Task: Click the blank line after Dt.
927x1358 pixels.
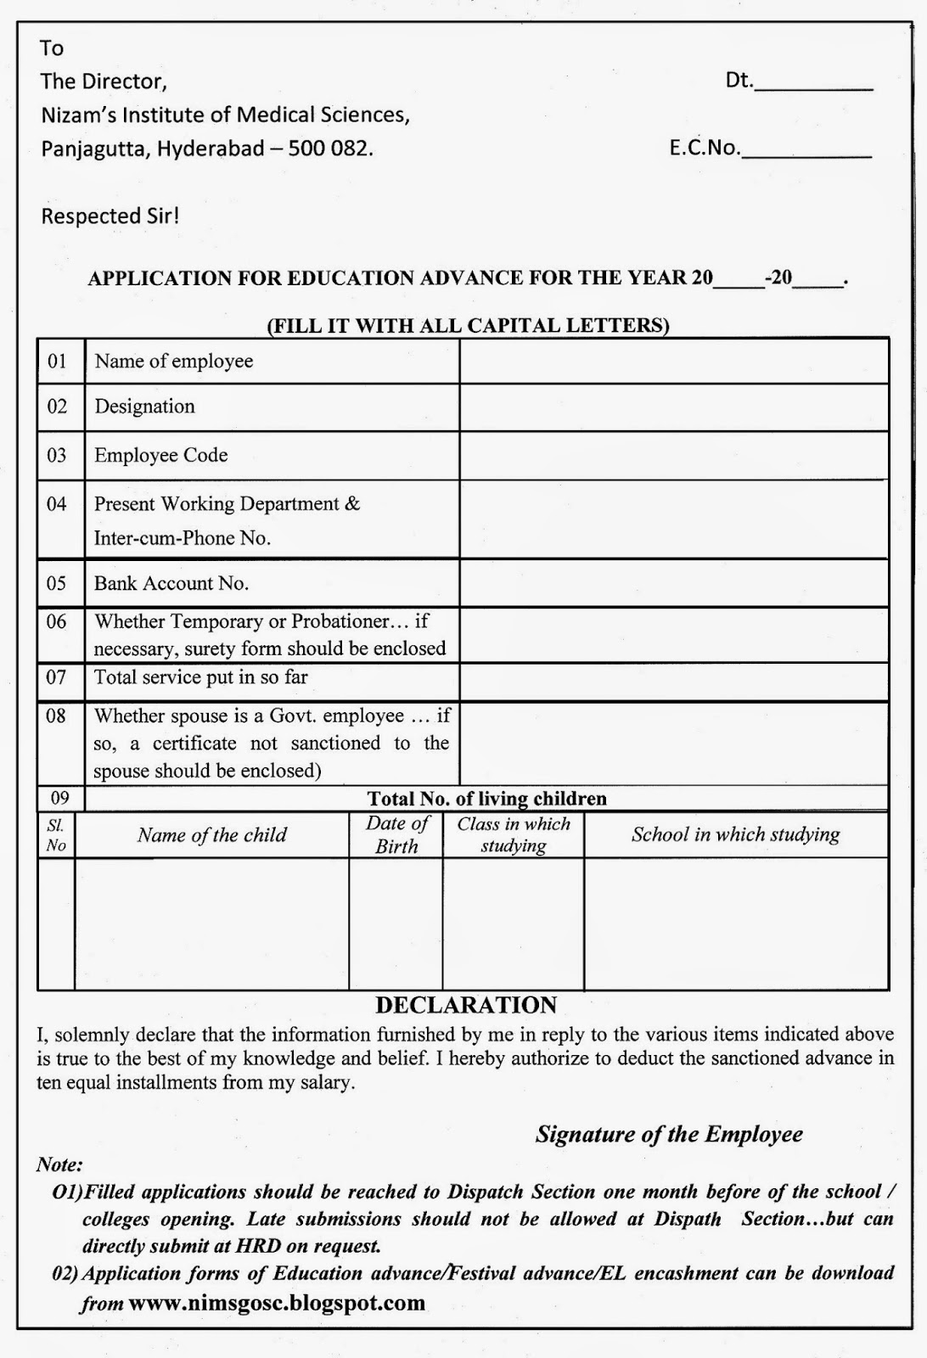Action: pyautogui.click(x=813, y=84)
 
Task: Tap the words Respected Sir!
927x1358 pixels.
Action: pyautogui.click(x=110, y=216)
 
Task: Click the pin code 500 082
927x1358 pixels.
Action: pyautogui.click(x=330, y=149)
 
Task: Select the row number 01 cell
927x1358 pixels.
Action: pyautogui.click(x=57, y=362)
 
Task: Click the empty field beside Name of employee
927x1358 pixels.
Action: pyautogui.click(x=673, y=362)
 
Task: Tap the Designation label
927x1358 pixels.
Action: pyautogui.click(x=144, y=407)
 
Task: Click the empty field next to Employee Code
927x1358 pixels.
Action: pyautogui.click(x=673, y=456)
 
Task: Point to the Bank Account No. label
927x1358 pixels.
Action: pyautogui.click(x=171, y=583)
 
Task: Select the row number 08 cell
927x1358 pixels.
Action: pyautogui.click(x=57, y=716)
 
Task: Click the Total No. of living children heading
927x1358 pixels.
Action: pyautogui.click(x=486, y=799)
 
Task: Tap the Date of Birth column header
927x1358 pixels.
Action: pyautogui.click(x=396, y=834)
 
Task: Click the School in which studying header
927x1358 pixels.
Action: pyautogui.click(x=735, y=834)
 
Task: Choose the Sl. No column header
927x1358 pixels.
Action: pyautogui.click(x=56, y=834)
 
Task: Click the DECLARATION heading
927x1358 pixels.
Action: pyautogui.click(x=466, y=1006)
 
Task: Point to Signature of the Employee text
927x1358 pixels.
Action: pyautogui.click(x=669, y=1135)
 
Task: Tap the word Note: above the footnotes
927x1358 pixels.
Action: pyautogui.click(x=59, y=1164)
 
